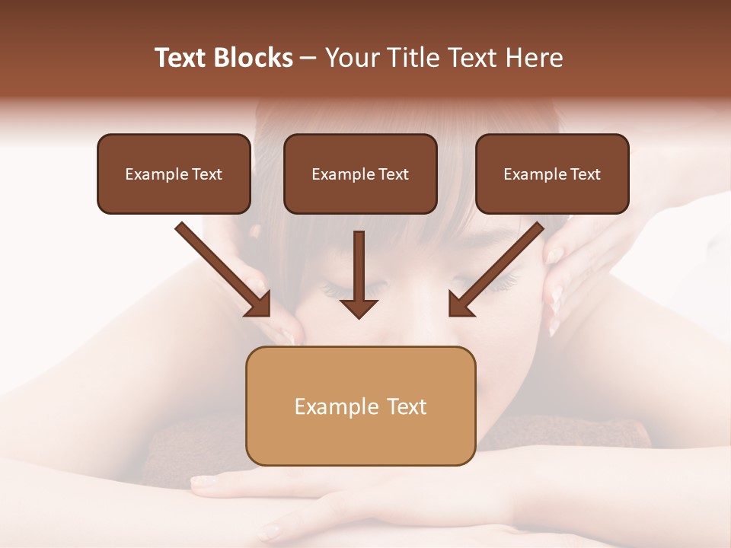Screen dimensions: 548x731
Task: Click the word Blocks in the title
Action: [254, 58]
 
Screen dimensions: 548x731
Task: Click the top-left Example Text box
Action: [174, 174]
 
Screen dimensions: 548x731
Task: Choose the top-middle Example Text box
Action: [360, 174]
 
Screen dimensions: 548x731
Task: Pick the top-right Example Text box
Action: [552, 174]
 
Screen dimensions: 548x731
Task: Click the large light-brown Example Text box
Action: [360, 406]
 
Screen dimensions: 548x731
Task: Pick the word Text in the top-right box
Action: [586, 174]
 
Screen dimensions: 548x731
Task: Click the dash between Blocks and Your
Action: [308, 59]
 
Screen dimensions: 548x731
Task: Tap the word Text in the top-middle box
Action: [394, 174]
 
